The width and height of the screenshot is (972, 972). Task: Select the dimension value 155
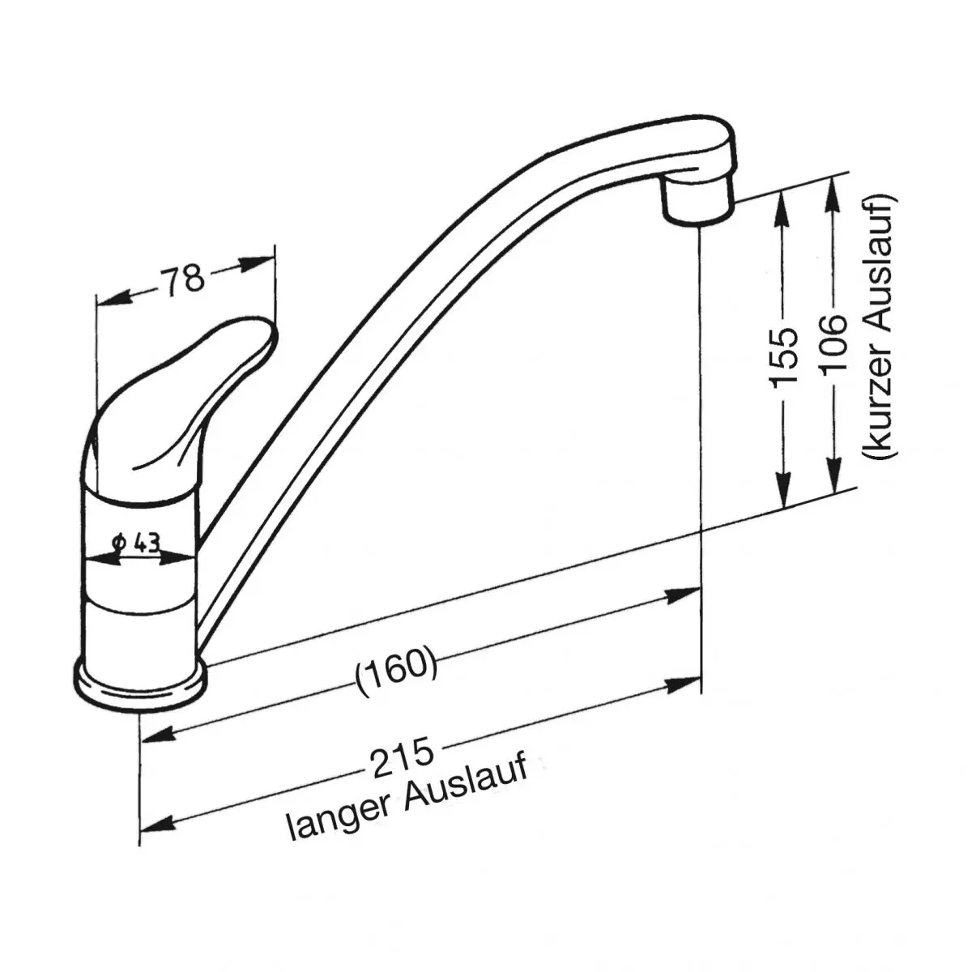[782, 356]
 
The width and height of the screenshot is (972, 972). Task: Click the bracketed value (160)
[396, 671]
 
